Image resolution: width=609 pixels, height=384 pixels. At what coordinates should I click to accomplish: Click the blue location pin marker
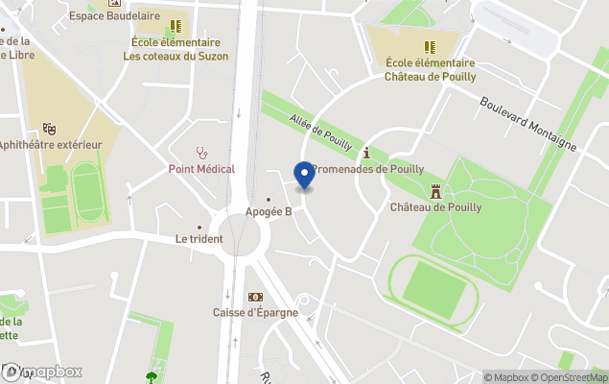305,176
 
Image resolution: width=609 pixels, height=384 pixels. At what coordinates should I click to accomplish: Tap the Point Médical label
201,169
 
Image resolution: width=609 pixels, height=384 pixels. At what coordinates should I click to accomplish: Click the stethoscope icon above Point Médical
201,152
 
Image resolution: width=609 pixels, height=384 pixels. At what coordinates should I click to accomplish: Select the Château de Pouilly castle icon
435,190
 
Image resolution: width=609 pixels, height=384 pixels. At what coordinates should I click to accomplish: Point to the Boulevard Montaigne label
527,123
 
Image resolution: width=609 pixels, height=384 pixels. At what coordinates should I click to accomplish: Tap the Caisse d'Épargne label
255,313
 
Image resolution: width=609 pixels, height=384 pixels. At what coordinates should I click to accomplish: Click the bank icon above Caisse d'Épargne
255,297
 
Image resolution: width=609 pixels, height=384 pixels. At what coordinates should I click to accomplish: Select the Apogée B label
269,212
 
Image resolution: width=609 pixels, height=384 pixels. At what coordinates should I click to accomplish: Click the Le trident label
199,239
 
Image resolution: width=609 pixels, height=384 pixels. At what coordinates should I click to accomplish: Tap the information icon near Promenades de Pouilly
365,153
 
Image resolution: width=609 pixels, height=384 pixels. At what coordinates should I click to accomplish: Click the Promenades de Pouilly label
368,169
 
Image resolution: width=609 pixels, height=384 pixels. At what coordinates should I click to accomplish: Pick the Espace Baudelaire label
114,16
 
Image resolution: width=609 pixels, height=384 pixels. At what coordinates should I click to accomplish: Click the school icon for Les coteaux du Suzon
175,27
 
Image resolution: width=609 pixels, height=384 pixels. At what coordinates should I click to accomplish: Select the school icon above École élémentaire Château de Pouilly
430,47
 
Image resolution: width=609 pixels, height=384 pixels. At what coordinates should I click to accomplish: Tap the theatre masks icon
49,128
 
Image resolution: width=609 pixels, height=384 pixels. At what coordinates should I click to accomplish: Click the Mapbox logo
42,372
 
